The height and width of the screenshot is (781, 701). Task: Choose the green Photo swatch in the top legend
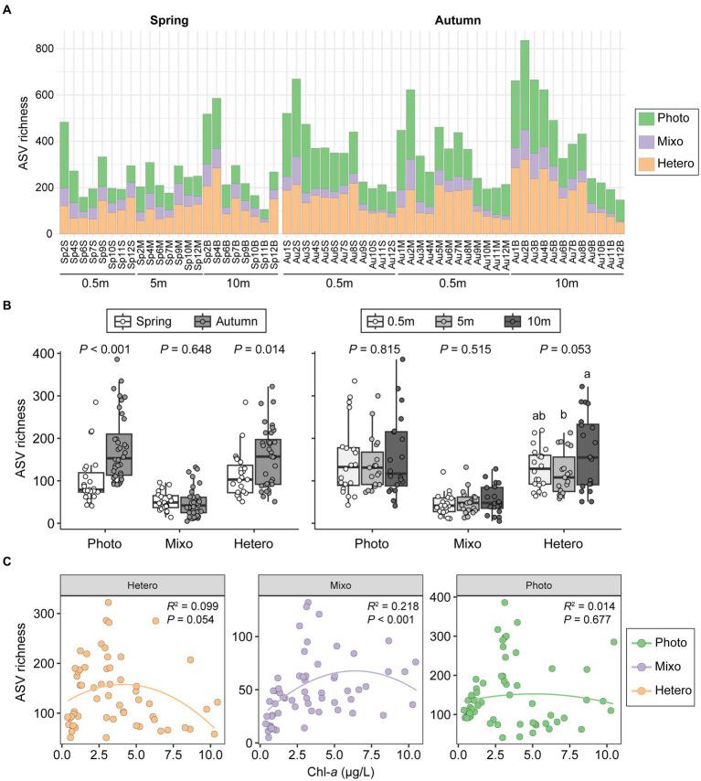coord(645,119)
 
